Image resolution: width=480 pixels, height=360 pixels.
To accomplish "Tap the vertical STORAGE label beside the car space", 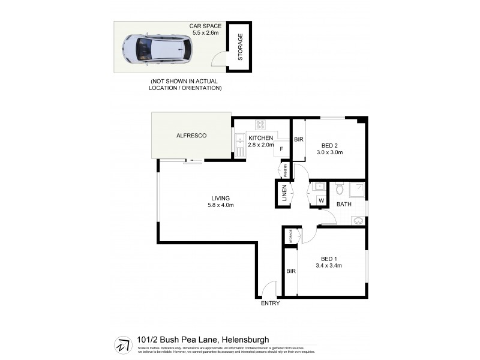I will (241, 46).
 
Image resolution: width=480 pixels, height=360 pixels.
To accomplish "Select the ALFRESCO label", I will (191, 136).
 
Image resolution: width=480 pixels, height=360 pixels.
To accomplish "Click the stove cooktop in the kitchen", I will (261, 125).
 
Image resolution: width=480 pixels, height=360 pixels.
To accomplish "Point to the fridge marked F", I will (281, 148).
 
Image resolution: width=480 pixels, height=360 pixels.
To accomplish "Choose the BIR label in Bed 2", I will (299, 140).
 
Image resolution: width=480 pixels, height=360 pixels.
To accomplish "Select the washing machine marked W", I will (321, 200).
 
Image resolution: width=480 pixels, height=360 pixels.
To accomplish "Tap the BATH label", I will (344, 205).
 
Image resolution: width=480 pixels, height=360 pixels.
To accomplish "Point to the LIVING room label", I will (220, 198).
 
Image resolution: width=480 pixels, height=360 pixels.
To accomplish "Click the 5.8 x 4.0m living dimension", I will (220, 205).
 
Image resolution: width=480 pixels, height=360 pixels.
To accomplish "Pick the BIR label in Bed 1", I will (291, 271).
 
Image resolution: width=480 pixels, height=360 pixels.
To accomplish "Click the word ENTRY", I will (270, 303).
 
